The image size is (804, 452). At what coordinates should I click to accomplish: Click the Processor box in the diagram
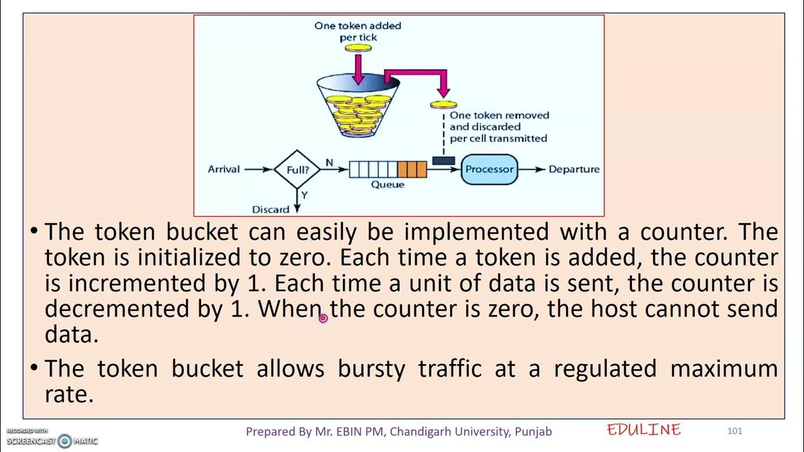(489, 169)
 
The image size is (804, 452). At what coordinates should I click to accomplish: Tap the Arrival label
(224, 169)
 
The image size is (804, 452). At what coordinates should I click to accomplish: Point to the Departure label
(574, 169)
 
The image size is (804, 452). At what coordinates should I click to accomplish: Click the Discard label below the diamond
(270, 209)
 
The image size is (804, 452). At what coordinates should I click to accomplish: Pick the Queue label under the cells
(388, 185)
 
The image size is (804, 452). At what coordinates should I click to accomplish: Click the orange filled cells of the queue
(411, 169)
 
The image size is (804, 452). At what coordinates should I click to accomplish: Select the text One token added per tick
(357, 31)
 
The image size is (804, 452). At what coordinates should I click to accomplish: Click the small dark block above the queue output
(443, 161)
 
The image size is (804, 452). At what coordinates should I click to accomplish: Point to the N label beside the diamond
(329, 163)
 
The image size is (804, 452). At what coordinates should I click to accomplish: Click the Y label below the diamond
(304, 195)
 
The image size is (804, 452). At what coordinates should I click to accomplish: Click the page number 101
(734, 431)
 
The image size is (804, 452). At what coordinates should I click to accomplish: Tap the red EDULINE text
(644, 429)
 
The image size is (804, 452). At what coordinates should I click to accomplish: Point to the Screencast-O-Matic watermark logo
(65, 441)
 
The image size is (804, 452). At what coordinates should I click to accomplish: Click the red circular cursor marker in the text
(323, 318)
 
